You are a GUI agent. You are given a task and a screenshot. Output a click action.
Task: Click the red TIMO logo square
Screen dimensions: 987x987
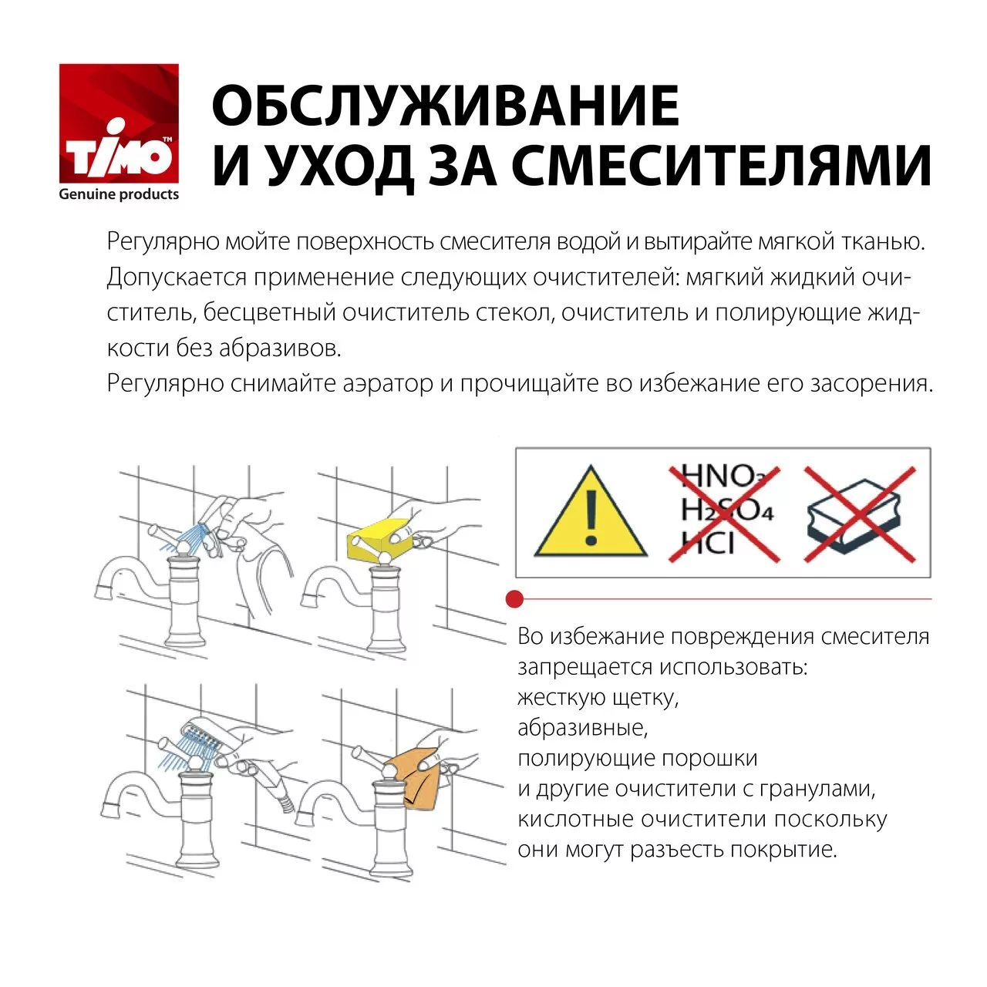coord(119,124)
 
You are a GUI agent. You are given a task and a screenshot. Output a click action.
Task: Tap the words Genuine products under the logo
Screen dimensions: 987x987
coord(119,194)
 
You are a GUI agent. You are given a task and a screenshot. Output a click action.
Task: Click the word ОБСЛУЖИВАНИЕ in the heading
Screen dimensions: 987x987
coord(445,106)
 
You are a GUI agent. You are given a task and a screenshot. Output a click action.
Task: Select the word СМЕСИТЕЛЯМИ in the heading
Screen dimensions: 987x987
coord(722,166)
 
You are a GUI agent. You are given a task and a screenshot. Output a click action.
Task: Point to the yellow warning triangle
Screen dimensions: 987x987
coord(591,513)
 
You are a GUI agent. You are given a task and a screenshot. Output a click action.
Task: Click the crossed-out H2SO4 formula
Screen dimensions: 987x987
coord(726,510)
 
